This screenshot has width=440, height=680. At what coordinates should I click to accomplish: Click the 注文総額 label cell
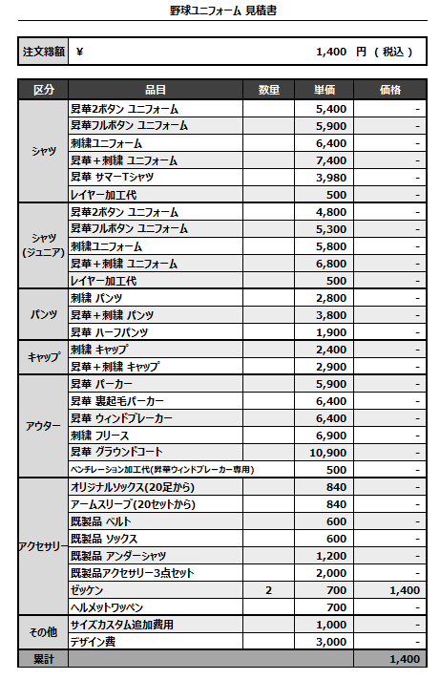click(43, 52)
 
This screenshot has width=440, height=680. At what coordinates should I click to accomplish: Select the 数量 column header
click(268, 91)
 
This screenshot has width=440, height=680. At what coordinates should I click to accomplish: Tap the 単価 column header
click(325, 91)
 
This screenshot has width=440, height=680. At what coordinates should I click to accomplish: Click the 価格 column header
click(389, 91)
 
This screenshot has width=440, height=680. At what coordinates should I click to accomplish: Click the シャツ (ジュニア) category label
click(43, 245)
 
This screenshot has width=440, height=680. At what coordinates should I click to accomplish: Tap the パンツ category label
click(43, 314)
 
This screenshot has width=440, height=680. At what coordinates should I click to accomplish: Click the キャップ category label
click(43, 357)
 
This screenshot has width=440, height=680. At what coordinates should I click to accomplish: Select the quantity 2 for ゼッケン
click(268, 590)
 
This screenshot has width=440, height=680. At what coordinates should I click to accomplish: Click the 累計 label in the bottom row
click(43, 659)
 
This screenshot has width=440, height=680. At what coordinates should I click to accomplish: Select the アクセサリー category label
click(43, 546)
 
